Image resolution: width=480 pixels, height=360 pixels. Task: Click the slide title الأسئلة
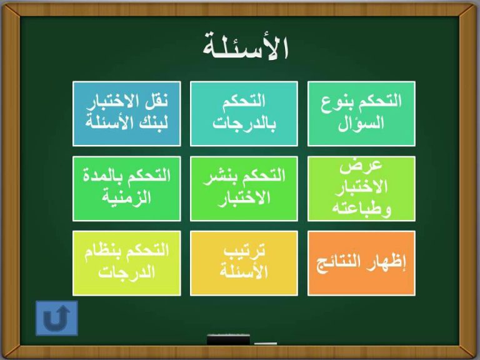tap(246, 46)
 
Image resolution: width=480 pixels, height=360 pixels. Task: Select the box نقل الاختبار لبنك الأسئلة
tap(127, 114)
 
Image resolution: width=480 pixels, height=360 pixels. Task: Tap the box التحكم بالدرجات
tap(244, 114)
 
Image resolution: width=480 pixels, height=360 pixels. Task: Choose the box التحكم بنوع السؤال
tap(361, 114)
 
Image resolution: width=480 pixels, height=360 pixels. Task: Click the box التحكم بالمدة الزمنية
tap(127, 189)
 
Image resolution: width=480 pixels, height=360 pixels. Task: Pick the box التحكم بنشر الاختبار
tap(244, 189)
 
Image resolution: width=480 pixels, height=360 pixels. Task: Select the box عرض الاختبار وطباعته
tap(361, 189)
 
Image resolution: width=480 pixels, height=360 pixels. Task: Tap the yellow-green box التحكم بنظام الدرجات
tap(127, 263)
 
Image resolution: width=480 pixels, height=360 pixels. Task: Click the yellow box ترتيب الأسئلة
tap(244, 263)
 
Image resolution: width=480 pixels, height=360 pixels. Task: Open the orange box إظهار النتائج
tap(361, 263)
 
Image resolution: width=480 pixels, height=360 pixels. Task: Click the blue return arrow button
tap(57, 318)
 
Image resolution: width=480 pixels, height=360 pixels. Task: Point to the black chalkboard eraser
tap(228, 340)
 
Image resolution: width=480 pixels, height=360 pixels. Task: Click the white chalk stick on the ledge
tap(266, 344)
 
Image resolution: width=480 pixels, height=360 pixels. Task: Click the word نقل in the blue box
tap(156, 101)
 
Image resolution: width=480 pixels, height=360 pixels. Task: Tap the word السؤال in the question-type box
tap(361, 123)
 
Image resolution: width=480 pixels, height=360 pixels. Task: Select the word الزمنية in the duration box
tap(127, 197)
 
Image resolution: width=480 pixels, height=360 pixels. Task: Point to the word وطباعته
tap(361, 209)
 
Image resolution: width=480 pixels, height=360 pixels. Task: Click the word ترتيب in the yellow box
tap(244, 251)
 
